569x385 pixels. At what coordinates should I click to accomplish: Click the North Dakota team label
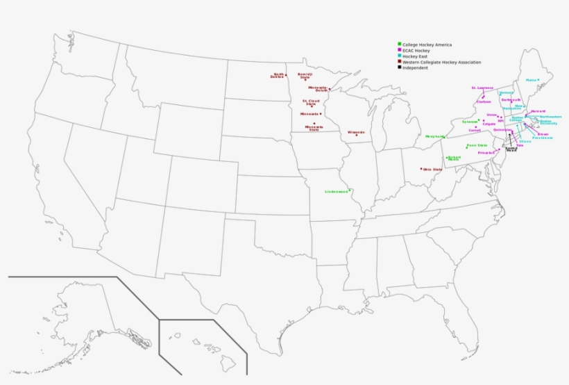coord(278,76)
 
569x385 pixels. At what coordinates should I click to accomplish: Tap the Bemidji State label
coord(305,76)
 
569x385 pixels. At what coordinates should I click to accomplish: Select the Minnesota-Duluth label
coord(317,89)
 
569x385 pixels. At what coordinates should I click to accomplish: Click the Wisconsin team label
coord(356,131)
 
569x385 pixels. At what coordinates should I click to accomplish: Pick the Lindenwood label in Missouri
coord(336,191)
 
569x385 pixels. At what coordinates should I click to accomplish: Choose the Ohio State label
coord(432,169)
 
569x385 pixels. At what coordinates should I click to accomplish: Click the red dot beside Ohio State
coord(421,168)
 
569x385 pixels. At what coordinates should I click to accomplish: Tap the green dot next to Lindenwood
coord(350,190)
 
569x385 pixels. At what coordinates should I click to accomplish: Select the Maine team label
coord(532,80)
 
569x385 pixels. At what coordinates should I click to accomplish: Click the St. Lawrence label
coord(482,88)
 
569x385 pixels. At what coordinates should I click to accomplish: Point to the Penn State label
coord(477,145)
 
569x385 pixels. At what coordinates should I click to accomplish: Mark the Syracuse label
coord(470,122)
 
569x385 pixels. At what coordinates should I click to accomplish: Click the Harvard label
coord(538,111)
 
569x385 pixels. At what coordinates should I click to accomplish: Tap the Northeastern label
coord(550,117)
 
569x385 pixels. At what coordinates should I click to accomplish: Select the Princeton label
coord(486,152)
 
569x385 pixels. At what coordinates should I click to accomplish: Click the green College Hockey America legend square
coord(399,44)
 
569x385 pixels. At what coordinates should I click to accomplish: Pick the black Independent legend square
coord(399,68)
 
